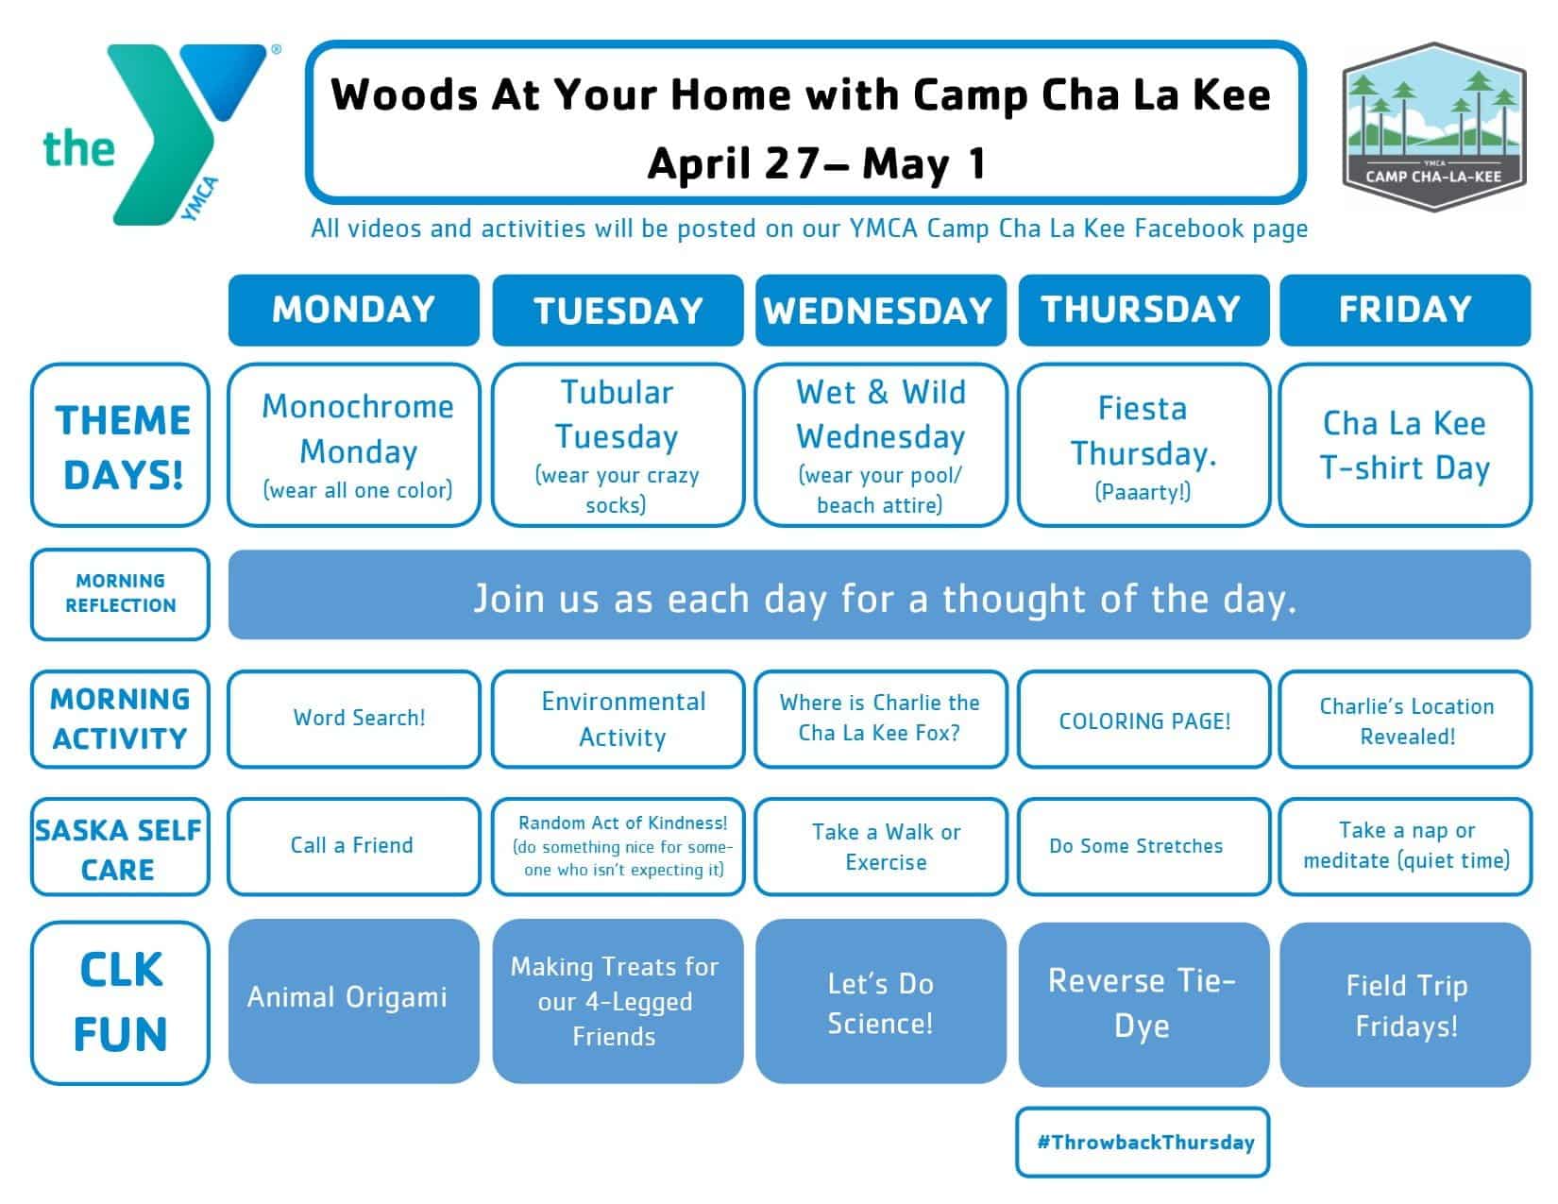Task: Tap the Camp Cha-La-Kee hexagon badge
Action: click(x=1433, y=127)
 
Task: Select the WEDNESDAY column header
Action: click(x=880, y=310)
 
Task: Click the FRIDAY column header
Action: click(x=1404, y=310)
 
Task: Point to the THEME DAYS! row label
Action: click(x=121, y=445)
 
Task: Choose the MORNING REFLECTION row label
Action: click(x=121, y=594)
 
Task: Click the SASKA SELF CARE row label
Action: click(x=121, y=846)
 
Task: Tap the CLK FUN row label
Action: click(x=121, y=1002)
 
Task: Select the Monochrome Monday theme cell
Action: click(x=354, y=445)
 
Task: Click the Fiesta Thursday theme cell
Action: click(x=1143, y=445)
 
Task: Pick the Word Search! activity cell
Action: click(x=354, y=719)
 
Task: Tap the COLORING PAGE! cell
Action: click(x=1143, y=719)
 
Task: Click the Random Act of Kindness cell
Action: click(x=618, y=846)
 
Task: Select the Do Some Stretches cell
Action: click(x=1143, y=846)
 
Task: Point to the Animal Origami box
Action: click(x=354, y=1000)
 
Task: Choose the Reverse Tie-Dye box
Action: click(x=1143, y=1004)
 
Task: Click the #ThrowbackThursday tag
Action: click(x=1143, y=1142)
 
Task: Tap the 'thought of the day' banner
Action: click(x=879, y=595)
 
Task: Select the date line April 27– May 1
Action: click(x=818, y=163)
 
